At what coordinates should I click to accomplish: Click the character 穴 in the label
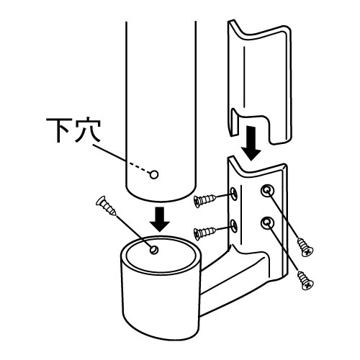pos(88,130)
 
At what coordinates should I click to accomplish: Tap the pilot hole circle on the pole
pos(154,174)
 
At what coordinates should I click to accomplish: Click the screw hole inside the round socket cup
pos(154,250)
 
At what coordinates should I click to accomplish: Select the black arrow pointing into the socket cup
pos(159,220)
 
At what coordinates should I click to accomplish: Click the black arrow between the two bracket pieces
pos(251,143)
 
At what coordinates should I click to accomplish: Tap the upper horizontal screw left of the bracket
pos(204,200)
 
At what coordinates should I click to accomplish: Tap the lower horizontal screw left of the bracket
pos(204,233)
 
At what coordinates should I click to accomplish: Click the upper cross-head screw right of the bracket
pos(305,247)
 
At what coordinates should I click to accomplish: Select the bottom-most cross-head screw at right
pos(305,281)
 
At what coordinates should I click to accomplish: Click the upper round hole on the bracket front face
pos(267,191)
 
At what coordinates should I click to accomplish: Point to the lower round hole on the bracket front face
pos(267,223)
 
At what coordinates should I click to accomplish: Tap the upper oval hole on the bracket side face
pos(234,193)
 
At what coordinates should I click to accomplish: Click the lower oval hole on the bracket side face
pos(234,226)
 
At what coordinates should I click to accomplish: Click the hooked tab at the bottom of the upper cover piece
pos(235,122)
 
